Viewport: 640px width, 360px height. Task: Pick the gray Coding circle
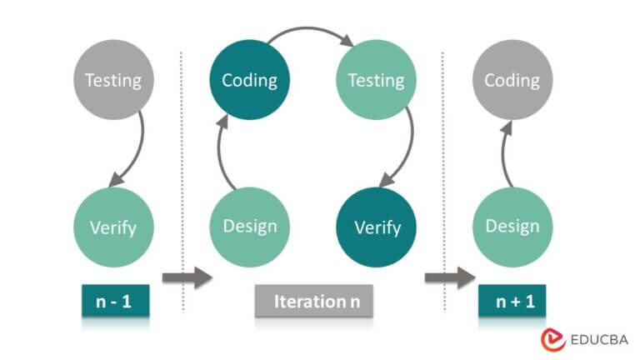tap(512, 80)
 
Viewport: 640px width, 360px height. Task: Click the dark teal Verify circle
tap(377, 227)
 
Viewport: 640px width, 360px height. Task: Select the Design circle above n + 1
tap(512, 227)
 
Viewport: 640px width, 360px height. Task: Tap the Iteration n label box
tap(312, 301)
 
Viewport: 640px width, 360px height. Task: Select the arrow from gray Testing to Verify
tap(136, 150)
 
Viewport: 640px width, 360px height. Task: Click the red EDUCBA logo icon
tap(552, 339)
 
